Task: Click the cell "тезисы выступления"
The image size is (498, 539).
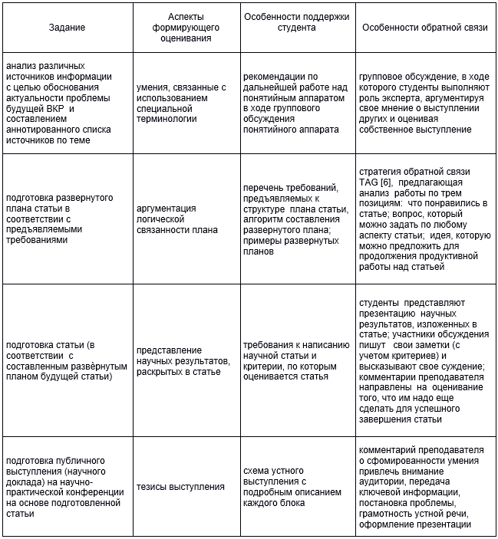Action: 181,486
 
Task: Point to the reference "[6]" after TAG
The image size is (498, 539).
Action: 390,182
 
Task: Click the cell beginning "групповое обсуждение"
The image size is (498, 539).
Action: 424,103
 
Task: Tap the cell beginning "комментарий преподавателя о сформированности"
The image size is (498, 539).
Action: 424,486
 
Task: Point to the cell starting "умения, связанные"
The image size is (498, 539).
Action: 181,103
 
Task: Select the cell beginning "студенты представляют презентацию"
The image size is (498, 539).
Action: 424,360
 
